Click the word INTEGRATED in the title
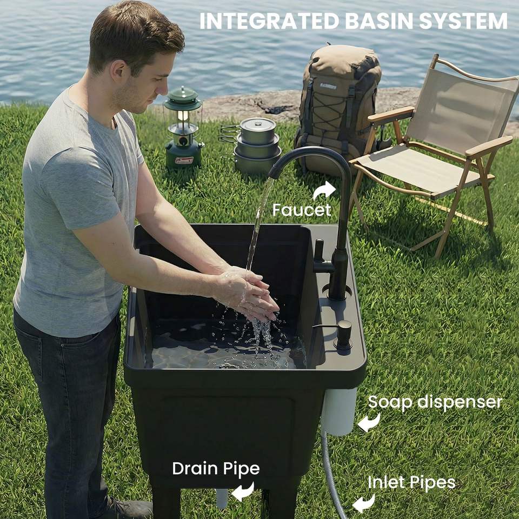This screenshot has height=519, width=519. pos(269,21)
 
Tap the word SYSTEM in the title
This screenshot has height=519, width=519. pos(463,21)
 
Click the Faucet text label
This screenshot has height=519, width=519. pos(301,210)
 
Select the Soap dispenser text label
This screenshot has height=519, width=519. pos(435,402)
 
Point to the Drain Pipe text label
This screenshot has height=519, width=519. pos(216,469)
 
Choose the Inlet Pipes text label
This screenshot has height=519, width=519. pos(411,482)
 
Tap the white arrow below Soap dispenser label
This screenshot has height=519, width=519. pos(369,422)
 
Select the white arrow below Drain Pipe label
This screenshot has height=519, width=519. pos(243,491)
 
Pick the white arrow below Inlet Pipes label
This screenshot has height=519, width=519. pos(363,503)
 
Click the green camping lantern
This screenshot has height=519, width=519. pos(183,129)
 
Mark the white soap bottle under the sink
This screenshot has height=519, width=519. pos(338,411)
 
